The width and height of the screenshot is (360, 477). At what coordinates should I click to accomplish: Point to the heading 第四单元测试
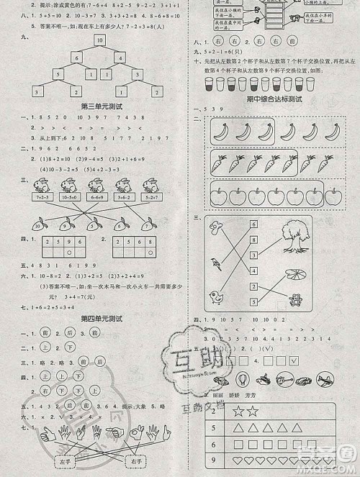pyautogui.click(x=102, y=318)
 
